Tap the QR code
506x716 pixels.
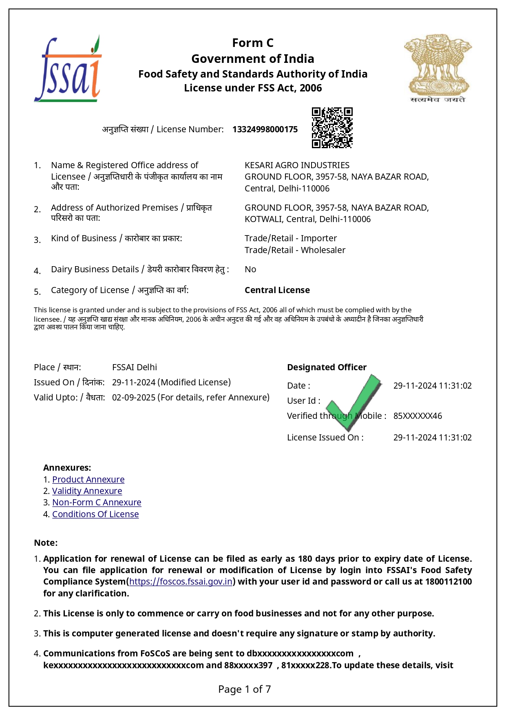(332, 128)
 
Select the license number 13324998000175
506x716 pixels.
(265, 129)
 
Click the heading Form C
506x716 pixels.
(253, 43)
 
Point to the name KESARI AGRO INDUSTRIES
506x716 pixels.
(297, 165)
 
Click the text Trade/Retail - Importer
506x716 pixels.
(290, 238)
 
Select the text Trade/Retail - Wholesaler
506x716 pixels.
(295, 250)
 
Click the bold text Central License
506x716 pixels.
(277, 290)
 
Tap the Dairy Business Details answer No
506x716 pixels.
(250, 269)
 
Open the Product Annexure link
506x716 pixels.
(88, 480)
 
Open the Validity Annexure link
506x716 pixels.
(87, 491)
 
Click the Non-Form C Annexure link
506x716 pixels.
(97, 503)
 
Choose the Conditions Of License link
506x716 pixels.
(95, 514)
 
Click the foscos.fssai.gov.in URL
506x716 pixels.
(181, 582)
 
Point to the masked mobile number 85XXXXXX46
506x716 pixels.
(418, 416)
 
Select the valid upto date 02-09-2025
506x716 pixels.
(134, 398)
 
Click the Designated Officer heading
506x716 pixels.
(327, 367)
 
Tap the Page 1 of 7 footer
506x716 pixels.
(245, 689)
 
